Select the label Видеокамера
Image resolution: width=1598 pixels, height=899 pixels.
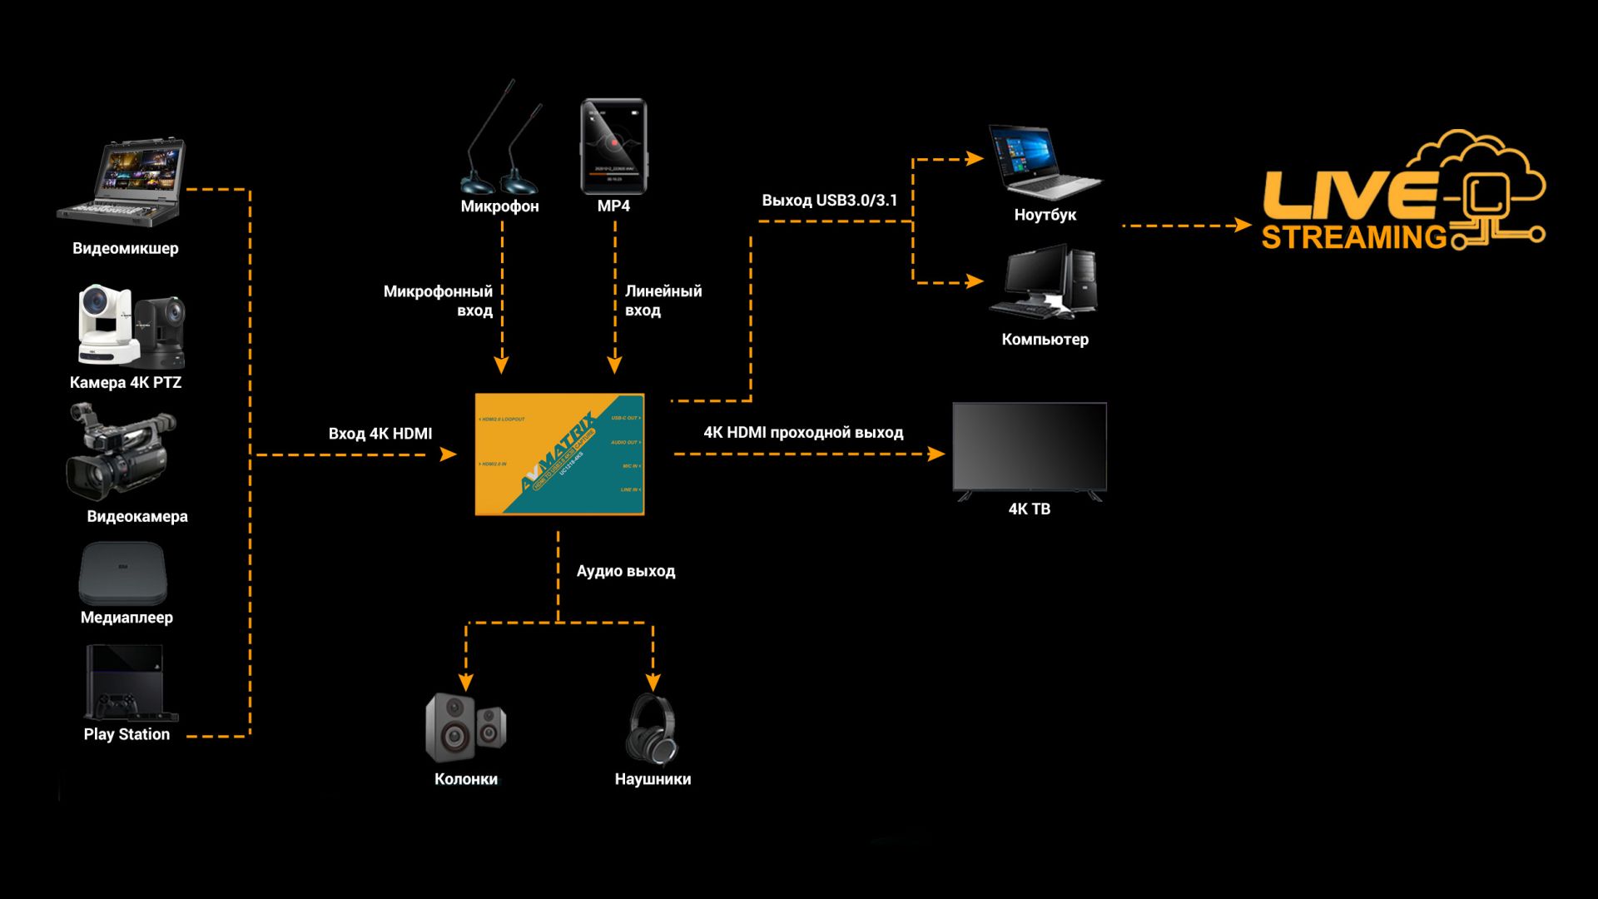137,516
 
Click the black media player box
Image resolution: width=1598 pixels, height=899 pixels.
123,574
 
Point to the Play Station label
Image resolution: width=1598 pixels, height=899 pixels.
127,734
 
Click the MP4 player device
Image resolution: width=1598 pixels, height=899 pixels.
613,147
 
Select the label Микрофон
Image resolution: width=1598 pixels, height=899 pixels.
499,206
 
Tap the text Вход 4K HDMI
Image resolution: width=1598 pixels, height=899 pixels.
380,434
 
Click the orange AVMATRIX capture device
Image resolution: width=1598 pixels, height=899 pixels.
559,454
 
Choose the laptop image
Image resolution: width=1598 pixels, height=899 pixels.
1042,163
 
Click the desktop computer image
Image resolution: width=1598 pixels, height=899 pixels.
1044,281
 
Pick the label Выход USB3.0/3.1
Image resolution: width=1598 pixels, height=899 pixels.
830,201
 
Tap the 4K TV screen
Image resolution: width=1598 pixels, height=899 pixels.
1030,448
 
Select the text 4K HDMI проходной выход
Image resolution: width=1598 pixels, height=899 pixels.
803,433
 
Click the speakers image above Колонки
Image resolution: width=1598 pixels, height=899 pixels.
465,728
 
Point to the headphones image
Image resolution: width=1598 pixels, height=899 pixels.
653,729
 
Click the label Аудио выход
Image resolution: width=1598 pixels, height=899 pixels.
626,571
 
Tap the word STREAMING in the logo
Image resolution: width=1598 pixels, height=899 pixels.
1354,237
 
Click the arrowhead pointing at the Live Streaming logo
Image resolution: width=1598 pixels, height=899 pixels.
1243,225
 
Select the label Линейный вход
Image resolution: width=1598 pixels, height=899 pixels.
663,300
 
